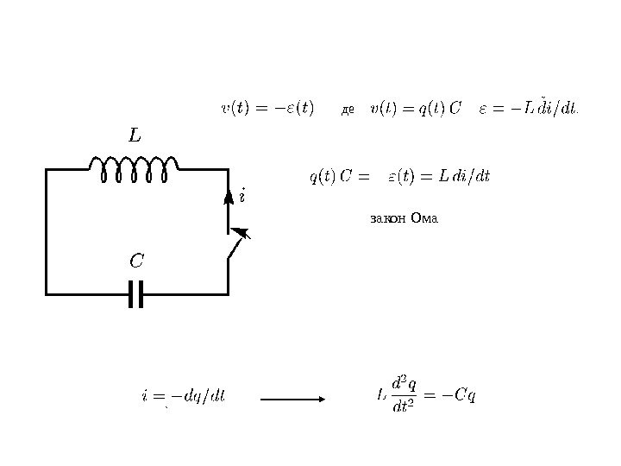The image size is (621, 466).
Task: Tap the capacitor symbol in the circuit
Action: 134,294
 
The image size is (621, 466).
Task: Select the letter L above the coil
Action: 134,136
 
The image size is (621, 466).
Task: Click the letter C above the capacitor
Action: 136,260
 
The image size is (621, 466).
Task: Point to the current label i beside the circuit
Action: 242,195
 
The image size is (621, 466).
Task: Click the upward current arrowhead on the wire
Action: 229,198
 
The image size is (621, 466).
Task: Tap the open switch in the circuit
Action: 235,245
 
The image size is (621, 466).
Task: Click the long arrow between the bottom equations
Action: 292,399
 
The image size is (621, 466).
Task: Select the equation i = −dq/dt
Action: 183,396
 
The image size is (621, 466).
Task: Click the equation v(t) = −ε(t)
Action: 268,109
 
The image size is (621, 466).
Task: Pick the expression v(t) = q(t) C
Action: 416,109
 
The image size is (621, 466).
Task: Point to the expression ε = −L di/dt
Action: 529,109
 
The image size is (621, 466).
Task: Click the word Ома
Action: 426,218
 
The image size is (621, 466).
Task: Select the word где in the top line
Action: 348,110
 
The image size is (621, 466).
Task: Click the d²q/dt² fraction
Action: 404,394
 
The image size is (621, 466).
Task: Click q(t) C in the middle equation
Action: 330,177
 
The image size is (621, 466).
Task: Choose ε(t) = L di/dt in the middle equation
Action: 438,177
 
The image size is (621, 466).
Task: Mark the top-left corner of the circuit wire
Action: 47,170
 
